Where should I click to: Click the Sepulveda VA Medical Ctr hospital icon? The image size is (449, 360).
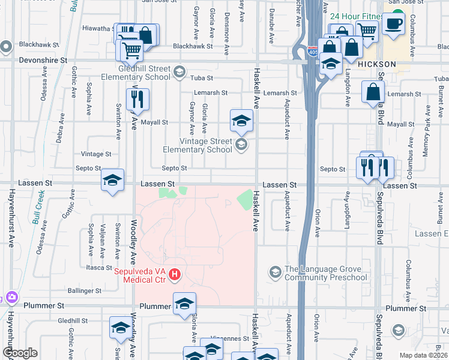point(175,274)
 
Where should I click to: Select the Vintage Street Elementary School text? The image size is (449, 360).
point(197,145)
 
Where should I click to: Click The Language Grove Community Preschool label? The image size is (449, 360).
point(325,274)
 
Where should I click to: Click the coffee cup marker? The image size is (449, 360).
point(394,24)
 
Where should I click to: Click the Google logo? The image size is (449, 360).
point(20,353)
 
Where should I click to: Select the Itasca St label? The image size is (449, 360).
point(100,268)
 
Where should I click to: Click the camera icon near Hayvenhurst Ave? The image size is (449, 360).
point(10,297)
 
